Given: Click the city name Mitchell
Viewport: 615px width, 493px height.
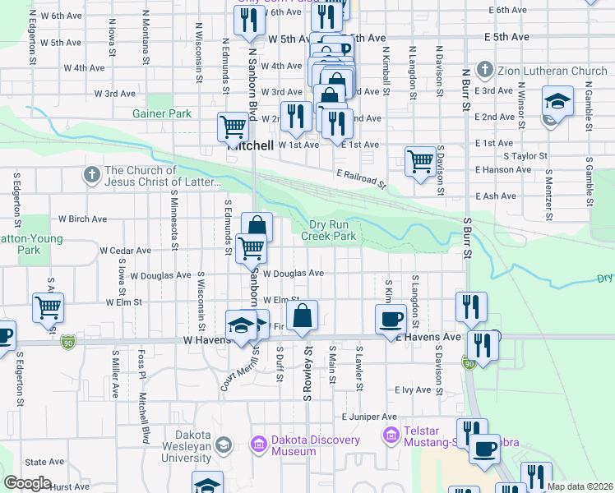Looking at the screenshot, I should pyautogui.click(x=251, y=145).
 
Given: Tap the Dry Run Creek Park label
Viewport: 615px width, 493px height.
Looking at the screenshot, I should pyautogui.click(x=334, y=230).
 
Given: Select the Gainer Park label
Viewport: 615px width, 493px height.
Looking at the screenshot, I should pyautogui.click(x=162, y=113).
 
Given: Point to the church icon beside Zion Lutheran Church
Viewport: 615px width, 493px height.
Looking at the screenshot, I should pyautogui.click(x=485, y=71).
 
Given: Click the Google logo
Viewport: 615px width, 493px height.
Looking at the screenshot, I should pyautogui.click(x=27, y=483).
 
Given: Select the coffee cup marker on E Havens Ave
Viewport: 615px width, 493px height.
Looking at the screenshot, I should pyautogui.click(x=390, y=318).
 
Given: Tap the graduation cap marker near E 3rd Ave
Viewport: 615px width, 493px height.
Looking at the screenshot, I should pyautogui.click(x=557, y=102).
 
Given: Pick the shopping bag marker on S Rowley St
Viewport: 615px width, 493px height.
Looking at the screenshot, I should pyautogui.click(x=303, y=315).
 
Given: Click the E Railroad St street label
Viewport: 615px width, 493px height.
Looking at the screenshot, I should pyautogui.click(x=361, y=178).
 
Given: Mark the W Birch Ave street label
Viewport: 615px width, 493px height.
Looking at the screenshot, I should pyautogui.click(x=82, y=219).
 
